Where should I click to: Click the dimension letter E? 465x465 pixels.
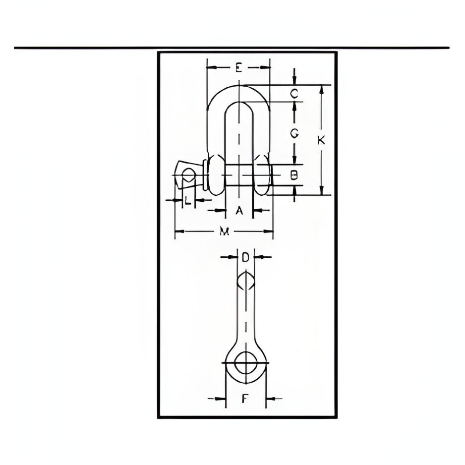pyautogui.click(x=239, y=68)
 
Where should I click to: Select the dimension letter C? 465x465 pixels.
pyautogui.click(x=294, y=94)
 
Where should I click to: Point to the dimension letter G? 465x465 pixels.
pyautogui.click(x=294, y=134)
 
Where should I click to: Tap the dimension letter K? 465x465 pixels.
pyautogui.click(x=321, y=140)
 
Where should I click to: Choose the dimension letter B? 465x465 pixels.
pyautogui.click(x=293, y=175)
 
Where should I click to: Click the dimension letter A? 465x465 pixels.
pyautogui.click(x=239, y=211)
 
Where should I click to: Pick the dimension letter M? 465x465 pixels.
pyautogui.click(x=225, y=231)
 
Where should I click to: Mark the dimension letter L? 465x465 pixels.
pyautogui.click(x=187, y=201)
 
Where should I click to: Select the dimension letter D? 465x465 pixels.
pyautogui.click(x=245, y=257)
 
